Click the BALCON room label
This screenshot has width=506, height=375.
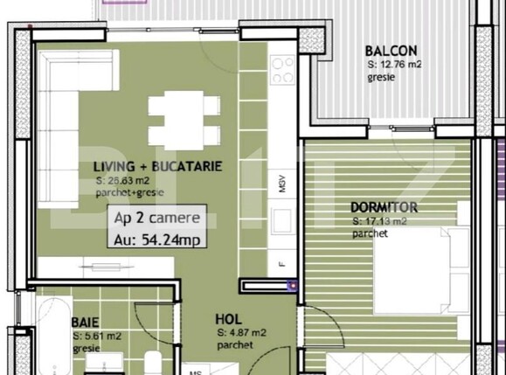[x=391, y=51]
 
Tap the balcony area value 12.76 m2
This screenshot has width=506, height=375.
[x=394, y=64]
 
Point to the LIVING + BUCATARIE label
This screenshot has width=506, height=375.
[x=156, y=166]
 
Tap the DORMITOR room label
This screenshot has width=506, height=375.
[x=384, y=208]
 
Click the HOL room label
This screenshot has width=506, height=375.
[x=228, y=321]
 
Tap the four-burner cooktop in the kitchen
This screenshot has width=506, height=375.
[x=282, y=70]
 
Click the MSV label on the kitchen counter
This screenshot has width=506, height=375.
[x=282, y=184]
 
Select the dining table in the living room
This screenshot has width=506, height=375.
[x=184, y=121]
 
